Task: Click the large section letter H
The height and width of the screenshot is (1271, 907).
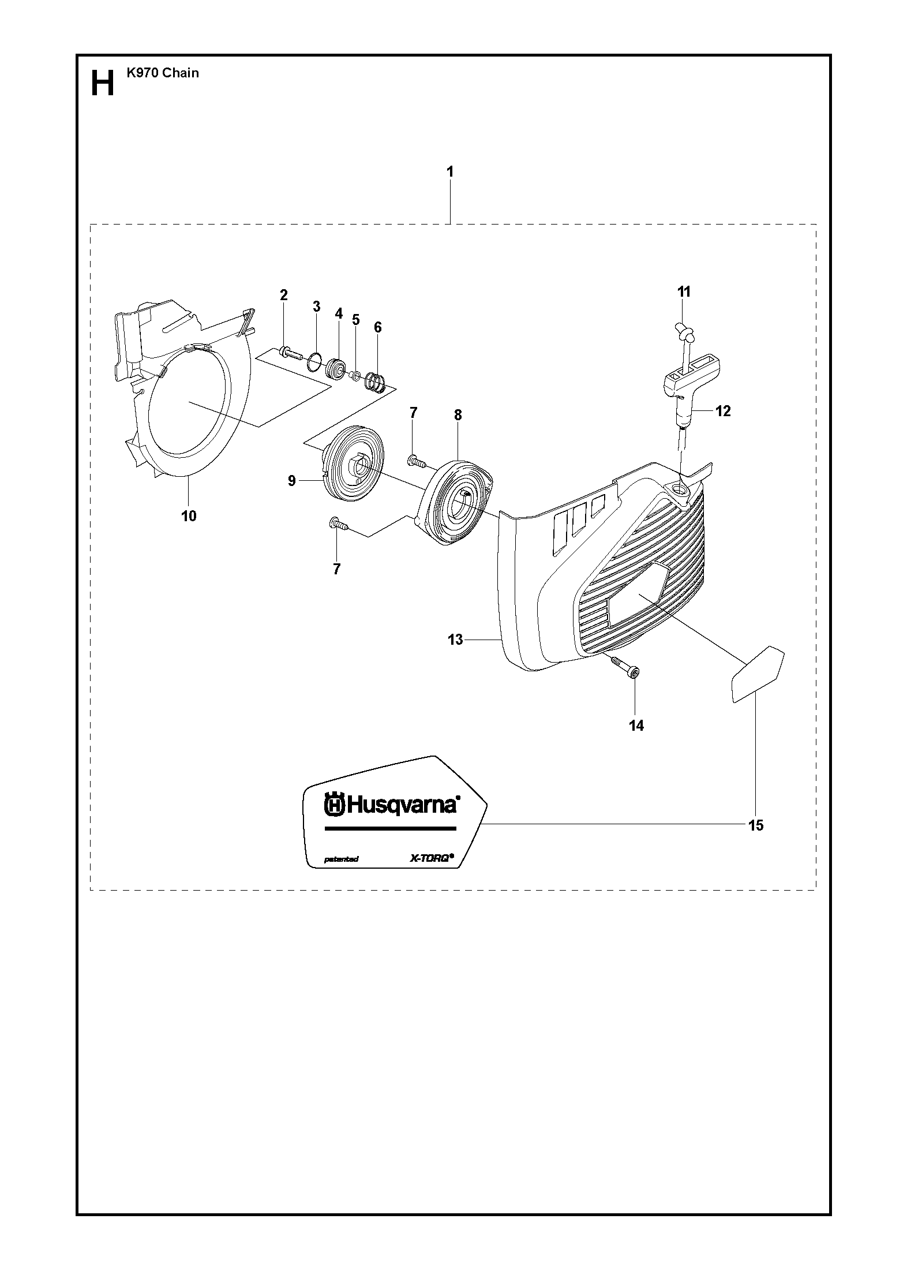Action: click(103, 84)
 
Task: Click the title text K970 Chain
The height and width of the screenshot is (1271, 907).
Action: click(163, 73)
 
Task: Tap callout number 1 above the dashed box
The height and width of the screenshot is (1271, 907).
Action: click(450, 172)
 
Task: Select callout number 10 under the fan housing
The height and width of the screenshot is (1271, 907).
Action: click(189, 516)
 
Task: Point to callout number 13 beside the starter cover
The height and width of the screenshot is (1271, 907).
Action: click(455, 640)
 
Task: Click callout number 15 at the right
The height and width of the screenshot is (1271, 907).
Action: click(755, 825)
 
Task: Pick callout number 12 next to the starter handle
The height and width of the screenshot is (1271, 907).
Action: click(723, 411)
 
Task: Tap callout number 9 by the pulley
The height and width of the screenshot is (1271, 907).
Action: click(292, 480)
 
